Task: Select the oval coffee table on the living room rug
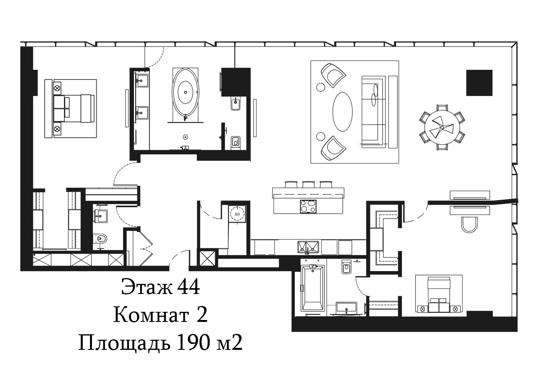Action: click(343, 112)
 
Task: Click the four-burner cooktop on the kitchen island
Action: click(308, 206)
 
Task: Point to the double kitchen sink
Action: click(308, 247)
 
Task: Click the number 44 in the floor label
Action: click(188, 287)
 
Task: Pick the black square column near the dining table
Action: click(479, 83)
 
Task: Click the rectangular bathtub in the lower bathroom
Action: click(313, 288)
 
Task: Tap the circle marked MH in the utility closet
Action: click(237, 213)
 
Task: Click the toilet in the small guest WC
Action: click(100, 239)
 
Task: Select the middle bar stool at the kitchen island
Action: click(308, 185)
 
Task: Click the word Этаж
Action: click(147, 287)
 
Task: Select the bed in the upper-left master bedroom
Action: click(74, 109)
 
